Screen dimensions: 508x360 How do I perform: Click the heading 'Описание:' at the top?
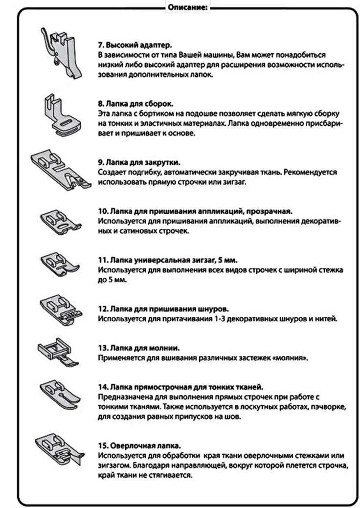[x=187, y=7]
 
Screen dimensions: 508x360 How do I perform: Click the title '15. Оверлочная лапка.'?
[x=139, y=446]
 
